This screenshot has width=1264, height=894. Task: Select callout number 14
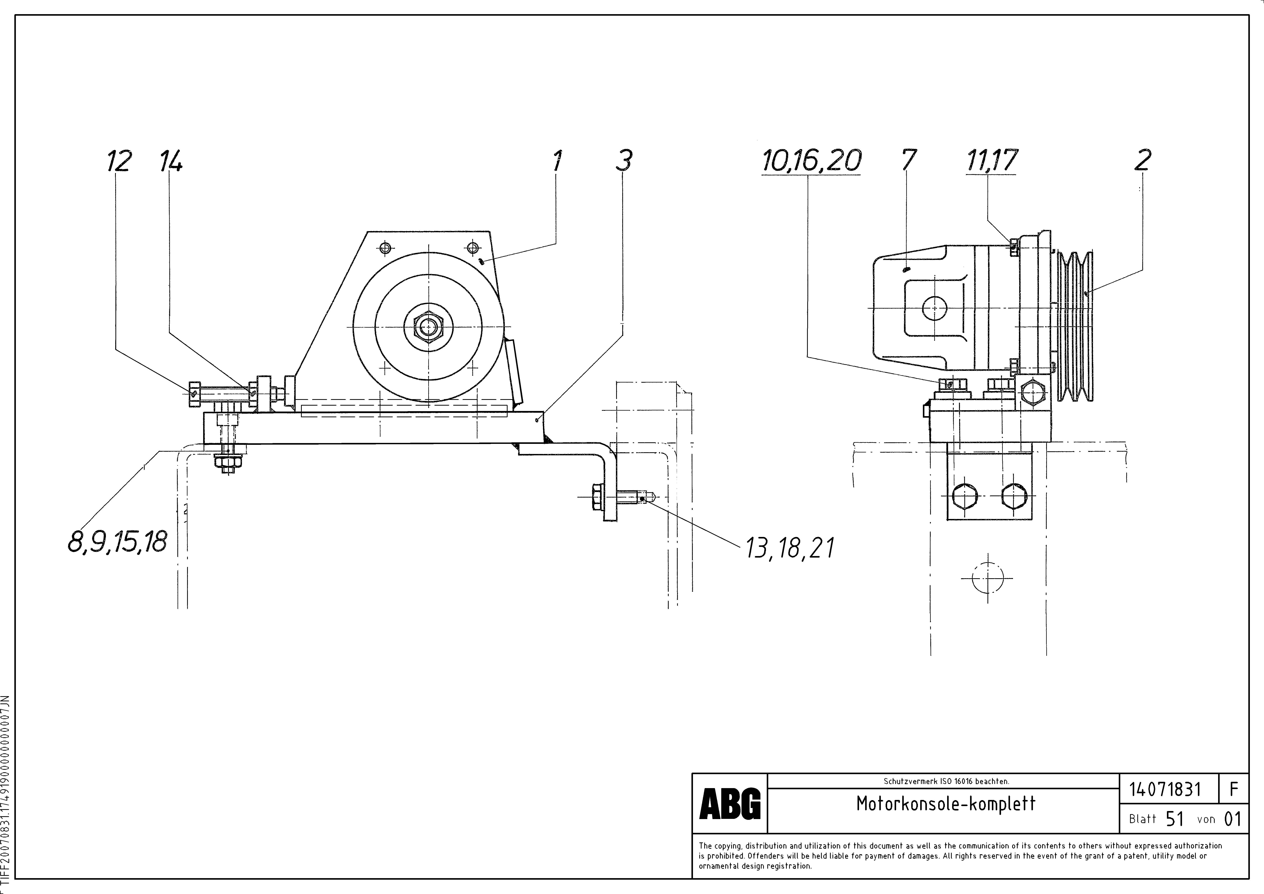coord(171,161)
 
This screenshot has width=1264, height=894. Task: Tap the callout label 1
coord(557,161)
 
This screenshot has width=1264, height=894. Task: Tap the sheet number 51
coord(1174,819)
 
